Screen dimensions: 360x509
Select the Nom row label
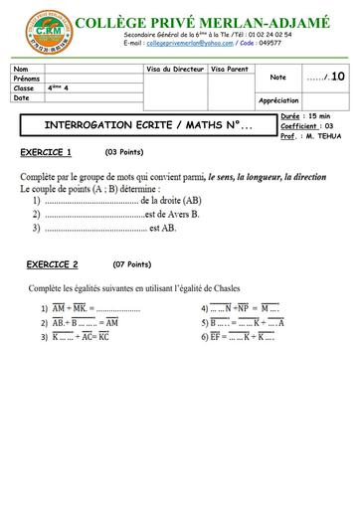point(21,68)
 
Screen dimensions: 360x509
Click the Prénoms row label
point(27,78)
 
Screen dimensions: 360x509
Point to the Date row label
point(22,97)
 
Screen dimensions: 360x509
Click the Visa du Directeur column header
point(175,68)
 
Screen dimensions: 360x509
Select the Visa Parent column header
point(231,68)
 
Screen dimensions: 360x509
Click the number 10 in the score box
point(338,76)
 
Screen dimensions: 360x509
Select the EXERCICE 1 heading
point(46,152)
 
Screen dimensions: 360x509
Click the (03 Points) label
point(127,152)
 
